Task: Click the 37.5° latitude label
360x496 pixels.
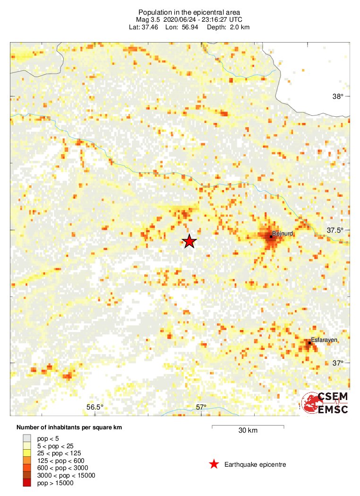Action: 336,230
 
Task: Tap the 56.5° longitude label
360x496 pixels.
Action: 95,408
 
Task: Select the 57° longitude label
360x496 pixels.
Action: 201,408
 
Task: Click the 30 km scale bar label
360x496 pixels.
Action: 248,430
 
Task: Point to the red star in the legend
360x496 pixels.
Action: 214,464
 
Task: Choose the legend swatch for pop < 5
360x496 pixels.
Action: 27,438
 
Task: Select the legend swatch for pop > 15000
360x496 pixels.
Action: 27,483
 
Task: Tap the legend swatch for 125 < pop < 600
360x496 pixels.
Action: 27,460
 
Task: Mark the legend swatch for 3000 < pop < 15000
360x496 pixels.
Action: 27,475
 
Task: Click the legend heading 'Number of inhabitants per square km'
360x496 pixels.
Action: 69,427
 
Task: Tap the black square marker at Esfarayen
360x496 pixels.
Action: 309,343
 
